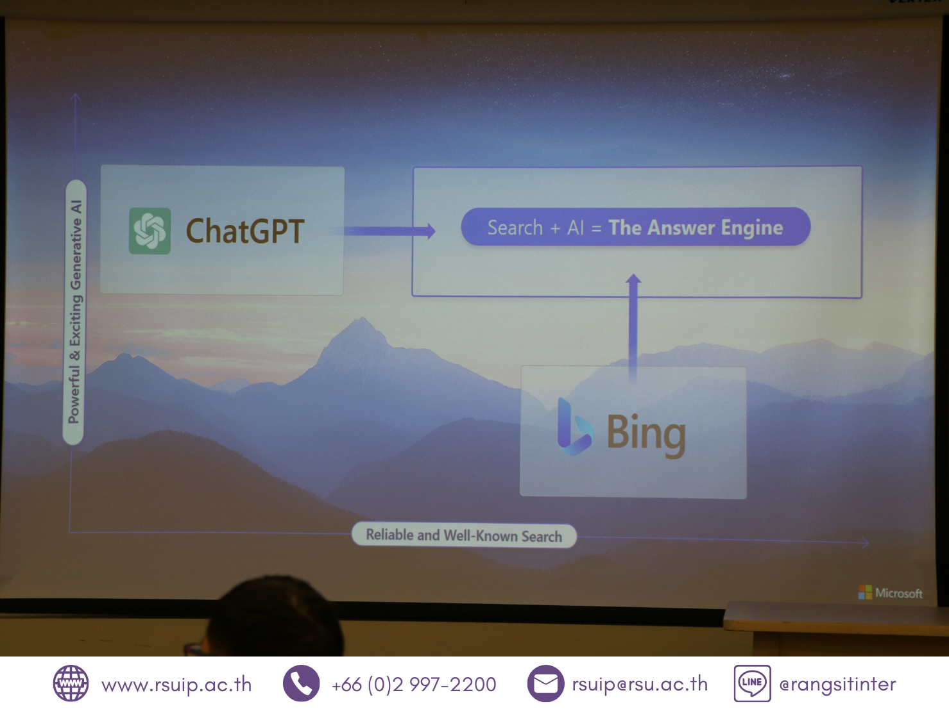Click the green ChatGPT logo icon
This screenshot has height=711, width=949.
click(x=150, y=231)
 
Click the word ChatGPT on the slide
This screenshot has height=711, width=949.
click(x=245, y=231)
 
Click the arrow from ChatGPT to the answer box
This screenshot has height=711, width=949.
click(x=389, y=231)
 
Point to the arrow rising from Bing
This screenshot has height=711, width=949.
click(x=633, y=328)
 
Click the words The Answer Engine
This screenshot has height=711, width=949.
click(x=696, y=228)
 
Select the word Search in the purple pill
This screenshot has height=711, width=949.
click(x=515, y=227)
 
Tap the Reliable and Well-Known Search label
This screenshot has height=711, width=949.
click(x=464, y=535)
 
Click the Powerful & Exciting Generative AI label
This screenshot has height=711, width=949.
click(x=75, y=312)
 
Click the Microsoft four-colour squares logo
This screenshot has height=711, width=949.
click(x=865, y=592)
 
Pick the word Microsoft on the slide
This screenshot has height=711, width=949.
click(x=899, y=594)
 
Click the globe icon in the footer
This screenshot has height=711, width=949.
click(x=71, y=683)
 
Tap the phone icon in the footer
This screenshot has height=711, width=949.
click(x=302, y=683)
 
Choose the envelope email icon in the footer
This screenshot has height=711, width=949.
click(x=545, y=683)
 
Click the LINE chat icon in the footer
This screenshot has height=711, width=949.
click(x=752, y=683)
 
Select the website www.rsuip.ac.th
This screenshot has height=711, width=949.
click(x=176, y=685)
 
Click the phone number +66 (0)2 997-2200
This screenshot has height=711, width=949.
click(x=414, y=685)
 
